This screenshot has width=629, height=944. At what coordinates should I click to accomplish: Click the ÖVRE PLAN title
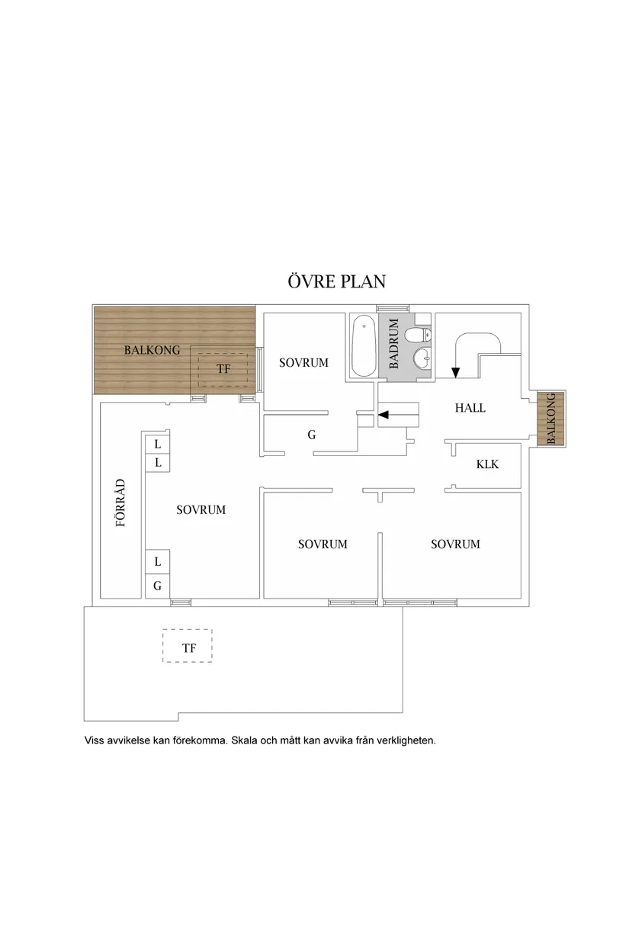click(x=337, y=281)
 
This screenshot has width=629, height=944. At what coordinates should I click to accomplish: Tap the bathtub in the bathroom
click(x=364, y=345)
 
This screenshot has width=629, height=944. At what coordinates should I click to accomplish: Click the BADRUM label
click(x=393, y=343)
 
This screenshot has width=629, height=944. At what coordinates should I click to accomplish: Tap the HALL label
click(x=470, y=408)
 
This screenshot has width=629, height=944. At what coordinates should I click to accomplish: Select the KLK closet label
click(x=487, y=464)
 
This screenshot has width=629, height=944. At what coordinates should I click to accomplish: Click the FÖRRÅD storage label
click(x=120, y=503)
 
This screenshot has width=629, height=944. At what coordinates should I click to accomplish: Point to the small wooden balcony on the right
click(x=551, y=419)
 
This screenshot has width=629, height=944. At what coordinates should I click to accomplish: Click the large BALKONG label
click(x=152, y=350)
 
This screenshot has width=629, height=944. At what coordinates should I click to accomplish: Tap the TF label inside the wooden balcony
click(x=223, y=369)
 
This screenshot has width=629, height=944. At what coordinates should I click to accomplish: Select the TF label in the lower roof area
click(x=189, y=647)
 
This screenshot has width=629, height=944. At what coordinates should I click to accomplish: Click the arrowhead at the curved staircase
click(x=455, y=373)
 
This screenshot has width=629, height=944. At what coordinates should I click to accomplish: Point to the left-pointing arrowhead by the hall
click(x=383, y=415)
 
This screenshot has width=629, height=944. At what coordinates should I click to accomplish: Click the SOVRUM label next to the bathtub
click(x=303, y=362)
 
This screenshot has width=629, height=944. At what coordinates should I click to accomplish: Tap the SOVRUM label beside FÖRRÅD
click(x=201, y=510)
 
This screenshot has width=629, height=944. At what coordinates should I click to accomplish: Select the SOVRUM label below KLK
click(x=455, y=544)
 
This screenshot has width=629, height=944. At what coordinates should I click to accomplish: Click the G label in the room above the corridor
click(x=311, y=435)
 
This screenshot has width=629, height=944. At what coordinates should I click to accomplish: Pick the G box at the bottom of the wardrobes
click(x=158, y=586)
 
